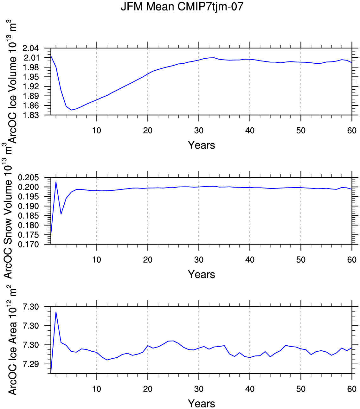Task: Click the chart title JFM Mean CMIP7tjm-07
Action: pyautogui.click(x=182, y=7)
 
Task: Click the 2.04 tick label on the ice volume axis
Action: pyautogui.click(x=30, y=48)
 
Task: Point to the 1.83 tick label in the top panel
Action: pyautogui.click(x=30, y=115)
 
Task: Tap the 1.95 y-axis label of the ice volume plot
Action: pyautogui.click(x=30, y=77)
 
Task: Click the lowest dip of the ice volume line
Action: pyautogui.click(x=71, y=110)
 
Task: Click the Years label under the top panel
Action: pyautogui.click(x=201, y=145)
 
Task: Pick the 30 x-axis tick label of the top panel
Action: pyautogui.click(x=199, y=131)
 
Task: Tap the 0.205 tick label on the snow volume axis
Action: pyautogui.click(x=28, y=178)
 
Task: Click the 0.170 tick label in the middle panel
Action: pyautogui.click(x=28, y=245)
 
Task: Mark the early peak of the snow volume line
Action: pyautogui.click(x=56, y=182)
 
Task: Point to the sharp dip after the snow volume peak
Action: pyautogui.click(x=61, y=214)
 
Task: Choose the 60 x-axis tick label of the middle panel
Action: pyautogui.click(x=352, y=260)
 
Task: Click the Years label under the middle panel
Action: pyautogui.click(x=201, y=274)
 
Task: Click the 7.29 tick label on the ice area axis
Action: pyautogui.click(x=30, y=364)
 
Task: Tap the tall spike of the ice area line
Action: pyautogui.click(x=56, y=312)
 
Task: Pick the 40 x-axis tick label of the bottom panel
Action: pyautogui.click(x=250, y=389)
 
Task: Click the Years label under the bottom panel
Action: pyautogui.click(x=201, y=404)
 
